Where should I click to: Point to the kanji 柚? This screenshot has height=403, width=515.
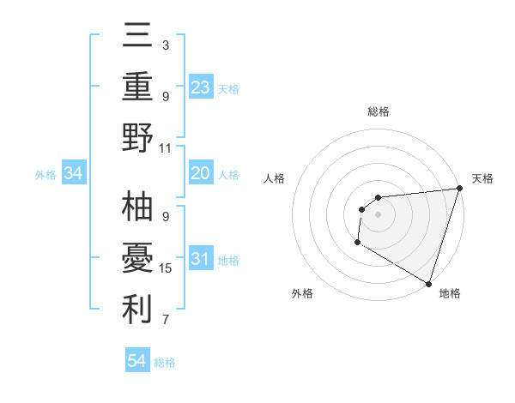[138, 208]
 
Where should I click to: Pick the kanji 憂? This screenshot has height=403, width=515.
[138, 259]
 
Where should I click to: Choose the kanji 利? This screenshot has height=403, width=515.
[138, 310]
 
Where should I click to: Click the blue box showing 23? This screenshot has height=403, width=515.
[200, 87]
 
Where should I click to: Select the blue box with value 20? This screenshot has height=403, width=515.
[200, 173]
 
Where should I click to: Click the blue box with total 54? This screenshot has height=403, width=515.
[137, 361]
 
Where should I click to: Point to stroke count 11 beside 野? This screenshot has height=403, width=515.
[166, 148]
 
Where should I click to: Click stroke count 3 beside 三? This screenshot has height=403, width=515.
[166, 45]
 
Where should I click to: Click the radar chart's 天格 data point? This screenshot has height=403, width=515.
[459, 189]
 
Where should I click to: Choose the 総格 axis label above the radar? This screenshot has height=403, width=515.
[378, 111]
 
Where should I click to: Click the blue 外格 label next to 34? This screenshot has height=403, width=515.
[45, 175]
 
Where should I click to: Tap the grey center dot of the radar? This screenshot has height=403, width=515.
[378, 214]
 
